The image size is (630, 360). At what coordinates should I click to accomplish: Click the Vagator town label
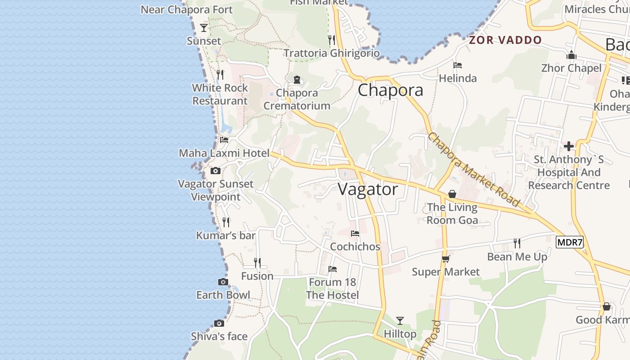tap(368, 189)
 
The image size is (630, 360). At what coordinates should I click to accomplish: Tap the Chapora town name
tap(390, 90)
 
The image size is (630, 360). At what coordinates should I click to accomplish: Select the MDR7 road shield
tap(570, 243)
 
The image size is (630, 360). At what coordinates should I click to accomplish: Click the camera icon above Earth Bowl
tap(223, 282)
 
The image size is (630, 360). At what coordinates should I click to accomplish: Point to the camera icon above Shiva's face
tap(219, 323)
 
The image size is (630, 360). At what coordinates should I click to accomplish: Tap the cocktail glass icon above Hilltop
tap(400, 321)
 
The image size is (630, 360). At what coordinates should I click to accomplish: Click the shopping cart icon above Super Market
tap(445, 259)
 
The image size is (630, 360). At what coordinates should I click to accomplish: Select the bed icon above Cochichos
tap(355, 234)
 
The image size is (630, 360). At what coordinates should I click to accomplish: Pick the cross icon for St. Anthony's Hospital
tap(569, 146)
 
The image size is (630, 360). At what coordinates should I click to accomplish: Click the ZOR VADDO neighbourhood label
tap(505, 40)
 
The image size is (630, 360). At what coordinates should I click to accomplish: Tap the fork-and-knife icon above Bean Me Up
tap(517, 243)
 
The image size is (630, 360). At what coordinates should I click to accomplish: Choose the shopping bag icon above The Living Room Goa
tap(452, 194)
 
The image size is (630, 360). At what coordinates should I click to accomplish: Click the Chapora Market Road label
tap(474, 170)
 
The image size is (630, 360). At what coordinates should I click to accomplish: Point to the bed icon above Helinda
tap(458, 65)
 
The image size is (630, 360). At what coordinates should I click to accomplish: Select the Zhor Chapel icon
tap(571, 55)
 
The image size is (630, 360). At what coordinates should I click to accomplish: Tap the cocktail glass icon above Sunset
tap(204, 28)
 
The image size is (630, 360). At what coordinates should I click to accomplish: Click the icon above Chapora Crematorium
tap(297, 80)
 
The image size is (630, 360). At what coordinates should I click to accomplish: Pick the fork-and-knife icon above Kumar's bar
tap(226, 222)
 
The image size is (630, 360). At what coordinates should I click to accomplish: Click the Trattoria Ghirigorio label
tap(332, 53)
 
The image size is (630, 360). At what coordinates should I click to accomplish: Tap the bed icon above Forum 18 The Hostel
tap(333, 269)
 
